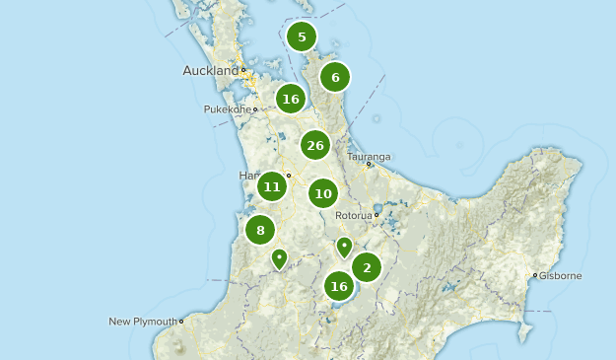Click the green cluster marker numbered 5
pos(302,37)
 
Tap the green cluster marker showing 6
pos(335,77)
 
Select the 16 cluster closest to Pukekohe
pos(290,99)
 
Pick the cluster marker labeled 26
pos(315,146)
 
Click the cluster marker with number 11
pos(272,186)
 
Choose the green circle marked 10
pos(323,193)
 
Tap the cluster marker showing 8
pos(260,231)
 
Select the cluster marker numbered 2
pos(367,266)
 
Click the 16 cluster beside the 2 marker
pos(339,287)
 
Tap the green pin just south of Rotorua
pos(343,246)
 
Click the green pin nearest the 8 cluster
pos(280,257)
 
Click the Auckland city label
pos(211,71)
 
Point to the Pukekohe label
pos(227,109)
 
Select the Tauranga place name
pos(369,156)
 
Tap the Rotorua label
pos(353,215)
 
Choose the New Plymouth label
pos(143,322)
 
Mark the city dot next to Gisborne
pos(535,276)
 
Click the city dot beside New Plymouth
pos(181,322)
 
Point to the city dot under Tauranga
pos(369,165)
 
